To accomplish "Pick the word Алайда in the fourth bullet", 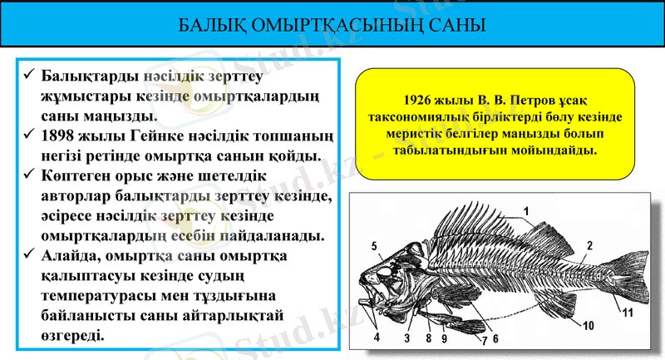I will pos(71,257).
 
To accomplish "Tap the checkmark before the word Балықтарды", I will pos(27,76).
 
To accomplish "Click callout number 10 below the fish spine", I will pos(588,325).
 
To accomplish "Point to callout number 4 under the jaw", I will pos(377,338).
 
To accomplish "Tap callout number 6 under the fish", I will pos(495,338).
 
